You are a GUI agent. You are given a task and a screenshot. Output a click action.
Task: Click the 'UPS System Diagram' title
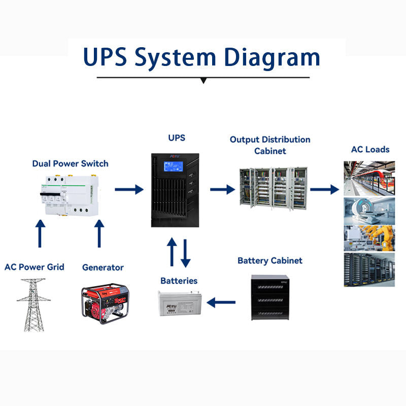(202, 57)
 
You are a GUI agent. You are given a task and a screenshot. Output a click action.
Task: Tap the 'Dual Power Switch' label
(70, 163)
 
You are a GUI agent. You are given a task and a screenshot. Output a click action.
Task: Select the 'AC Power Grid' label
(35, 267)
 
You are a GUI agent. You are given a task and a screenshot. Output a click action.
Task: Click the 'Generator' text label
(103, 267)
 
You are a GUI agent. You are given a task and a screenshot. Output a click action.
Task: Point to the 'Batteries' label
(179, 281)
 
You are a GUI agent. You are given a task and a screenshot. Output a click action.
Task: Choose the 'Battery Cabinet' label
(269, 260)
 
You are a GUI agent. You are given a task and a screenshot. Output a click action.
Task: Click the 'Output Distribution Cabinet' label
(269, 145)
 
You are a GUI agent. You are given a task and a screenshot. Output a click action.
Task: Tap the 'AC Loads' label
(370, 149)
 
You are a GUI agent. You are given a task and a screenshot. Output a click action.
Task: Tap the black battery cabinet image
(269, 297)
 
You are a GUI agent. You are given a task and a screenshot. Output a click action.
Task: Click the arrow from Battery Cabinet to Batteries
(222, 303)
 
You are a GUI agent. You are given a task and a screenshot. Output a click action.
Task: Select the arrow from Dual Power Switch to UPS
(129, 190)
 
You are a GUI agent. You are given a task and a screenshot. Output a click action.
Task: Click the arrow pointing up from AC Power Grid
(40, 233)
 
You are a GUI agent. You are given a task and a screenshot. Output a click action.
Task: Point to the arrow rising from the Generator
(99, 233)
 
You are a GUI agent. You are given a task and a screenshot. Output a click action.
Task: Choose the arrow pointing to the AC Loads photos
(324, 190)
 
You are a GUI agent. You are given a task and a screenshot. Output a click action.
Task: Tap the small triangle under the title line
(203, 80)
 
